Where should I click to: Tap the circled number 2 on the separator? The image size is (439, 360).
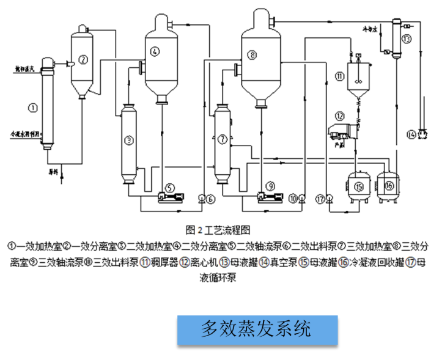pos(84,59)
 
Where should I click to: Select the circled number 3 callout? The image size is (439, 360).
pos(128,141)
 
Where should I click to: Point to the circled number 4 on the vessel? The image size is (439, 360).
pos(155,51)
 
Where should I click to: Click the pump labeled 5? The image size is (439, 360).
pos(169,187)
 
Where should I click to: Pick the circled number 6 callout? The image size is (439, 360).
pos(210,199)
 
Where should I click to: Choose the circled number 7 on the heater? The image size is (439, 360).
pos(222,139)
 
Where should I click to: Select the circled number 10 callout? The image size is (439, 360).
pos(293,198)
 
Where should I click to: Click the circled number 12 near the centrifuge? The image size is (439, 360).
pos(341,116)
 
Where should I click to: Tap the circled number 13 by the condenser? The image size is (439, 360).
pos(408,39)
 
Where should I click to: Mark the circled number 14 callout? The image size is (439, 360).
pos(411,133)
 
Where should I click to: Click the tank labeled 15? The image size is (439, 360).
pos(359,185)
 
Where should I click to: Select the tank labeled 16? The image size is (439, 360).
pos(389,185)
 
